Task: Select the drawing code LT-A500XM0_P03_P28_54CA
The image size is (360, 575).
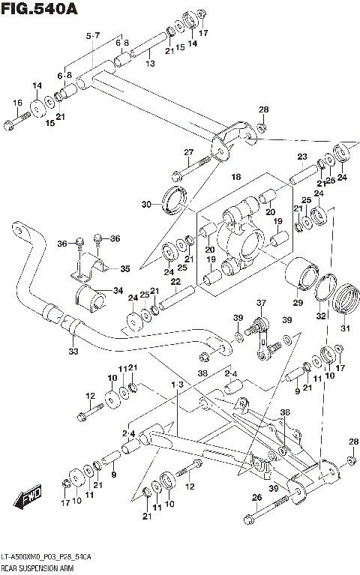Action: click(46, 557)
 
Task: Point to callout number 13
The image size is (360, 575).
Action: click(150, 64)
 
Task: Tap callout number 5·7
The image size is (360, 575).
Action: click(93, 36)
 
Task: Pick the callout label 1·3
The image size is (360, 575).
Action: click(177, 385)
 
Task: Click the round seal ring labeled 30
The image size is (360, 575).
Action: click(174, 202)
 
